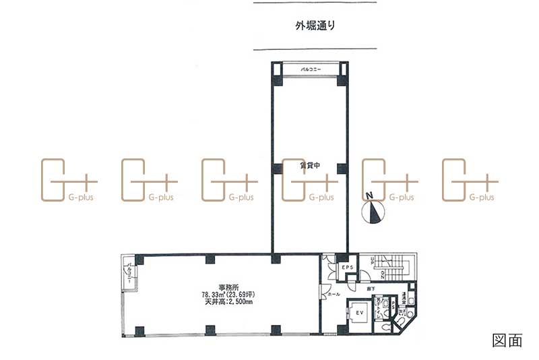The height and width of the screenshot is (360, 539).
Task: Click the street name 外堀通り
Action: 315,27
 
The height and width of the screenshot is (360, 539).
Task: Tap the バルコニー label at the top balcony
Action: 311,70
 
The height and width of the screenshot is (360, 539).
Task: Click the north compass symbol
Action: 373,212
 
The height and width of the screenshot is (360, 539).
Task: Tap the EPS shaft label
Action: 348,268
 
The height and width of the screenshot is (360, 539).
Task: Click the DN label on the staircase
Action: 382,274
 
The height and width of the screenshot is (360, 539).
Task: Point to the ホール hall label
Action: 334,295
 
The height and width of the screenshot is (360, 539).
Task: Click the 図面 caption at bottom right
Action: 507,340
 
